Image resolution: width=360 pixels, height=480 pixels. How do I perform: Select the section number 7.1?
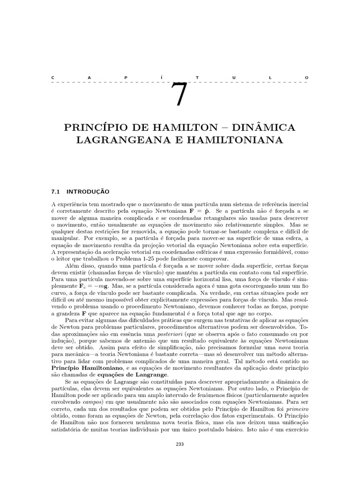click(x=56, y=191)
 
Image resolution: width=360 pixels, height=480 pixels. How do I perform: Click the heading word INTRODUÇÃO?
click(x=88, y=191)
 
